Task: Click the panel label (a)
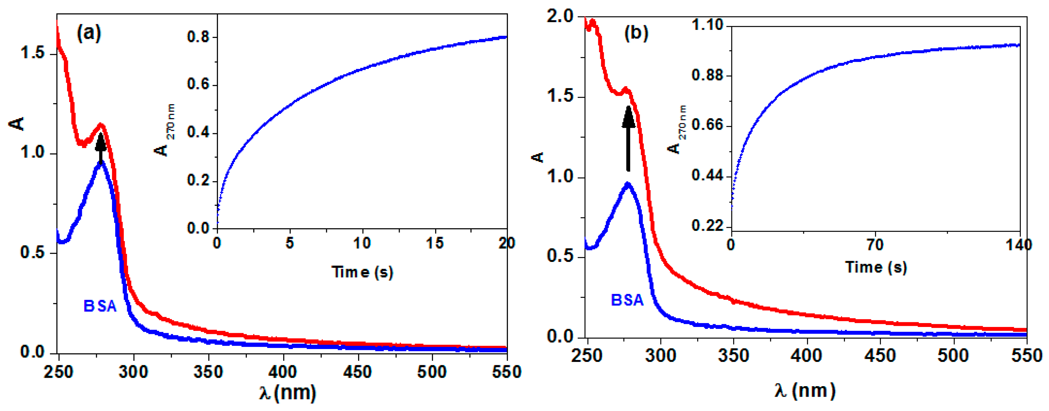point(89,33)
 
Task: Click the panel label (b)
point(636,33)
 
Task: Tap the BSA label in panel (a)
point(100,306)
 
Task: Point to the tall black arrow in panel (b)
point(628,138)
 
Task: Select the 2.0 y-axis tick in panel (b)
point(560,17)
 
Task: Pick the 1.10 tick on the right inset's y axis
point(708,25)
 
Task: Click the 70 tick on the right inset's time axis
point(875,245)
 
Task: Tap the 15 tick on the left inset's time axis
point(435,243)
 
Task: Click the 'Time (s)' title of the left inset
point(362,272)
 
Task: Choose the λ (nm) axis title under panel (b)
point(805,391)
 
